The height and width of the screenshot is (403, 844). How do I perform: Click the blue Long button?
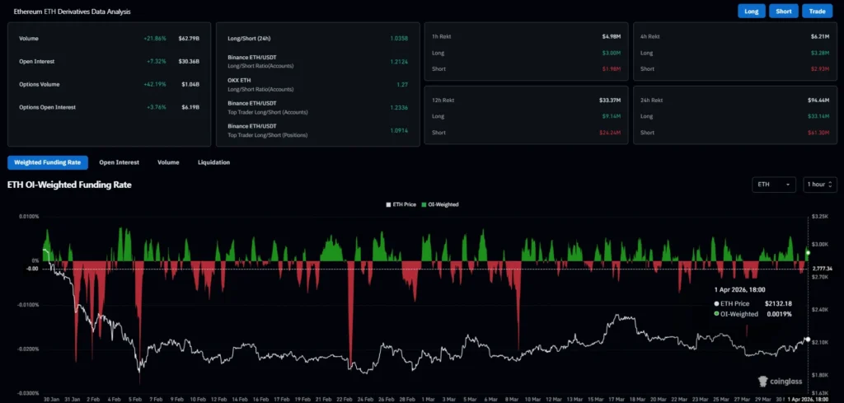pos(752,12)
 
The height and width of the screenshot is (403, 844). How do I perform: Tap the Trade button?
pos(817,12)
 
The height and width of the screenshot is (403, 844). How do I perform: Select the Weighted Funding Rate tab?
pos(47,162)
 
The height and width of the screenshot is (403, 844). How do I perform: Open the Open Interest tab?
pos(119,162)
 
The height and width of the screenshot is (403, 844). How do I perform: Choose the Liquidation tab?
pos(213,162)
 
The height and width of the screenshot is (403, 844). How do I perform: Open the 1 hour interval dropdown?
pos(819,185)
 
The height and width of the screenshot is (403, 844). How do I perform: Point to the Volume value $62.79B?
pos(190,39)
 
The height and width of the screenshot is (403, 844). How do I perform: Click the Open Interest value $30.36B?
pos(189,61)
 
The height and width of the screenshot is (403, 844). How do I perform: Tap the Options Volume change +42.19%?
pos(154,84)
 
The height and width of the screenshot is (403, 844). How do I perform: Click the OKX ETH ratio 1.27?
pos(403,83)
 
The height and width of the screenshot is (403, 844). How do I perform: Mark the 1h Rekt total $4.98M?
pos(610,37)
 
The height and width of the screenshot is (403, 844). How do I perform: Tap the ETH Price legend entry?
pos(402,204)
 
